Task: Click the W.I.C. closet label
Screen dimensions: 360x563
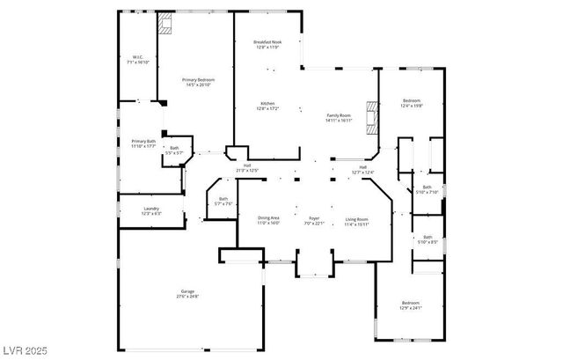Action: [x=137, y=60]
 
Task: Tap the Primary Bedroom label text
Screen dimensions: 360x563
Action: [x=199, y=81]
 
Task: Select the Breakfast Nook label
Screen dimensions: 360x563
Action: [x=267, y=44]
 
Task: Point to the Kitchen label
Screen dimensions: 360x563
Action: [x=267, y=106]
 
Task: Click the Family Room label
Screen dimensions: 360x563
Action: [x=340, y=117]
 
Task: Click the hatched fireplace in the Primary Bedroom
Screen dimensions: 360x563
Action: [x=165, y=24]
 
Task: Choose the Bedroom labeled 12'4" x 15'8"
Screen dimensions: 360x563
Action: [x=412, y=103]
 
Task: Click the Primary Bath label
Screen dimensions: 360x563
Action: [x=143, y=143]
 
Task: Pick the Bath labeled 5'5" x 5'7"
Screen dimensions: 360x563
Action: [x=174, y=150]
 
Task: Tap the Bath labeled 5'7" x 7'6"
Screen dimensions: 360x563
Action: [x=223, y=201]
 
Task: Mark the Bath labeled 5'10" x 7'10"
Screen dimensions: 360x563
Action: [x=427, y=189]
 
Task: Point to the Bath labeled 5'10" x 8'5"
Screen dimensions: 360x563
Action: [x=427, y=239]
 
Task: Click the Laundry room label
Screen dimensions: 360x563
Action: [x=151, y=211]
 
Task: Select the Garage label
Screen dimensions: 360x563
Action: [x=187, y=294]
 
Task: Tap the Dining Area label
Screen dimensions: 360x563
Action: [x=268, y=220]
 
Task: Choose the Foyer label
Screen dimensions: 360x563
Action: [x=314, y=220]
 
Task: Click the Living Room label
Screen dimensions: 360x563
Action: [x=356, y=220]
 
